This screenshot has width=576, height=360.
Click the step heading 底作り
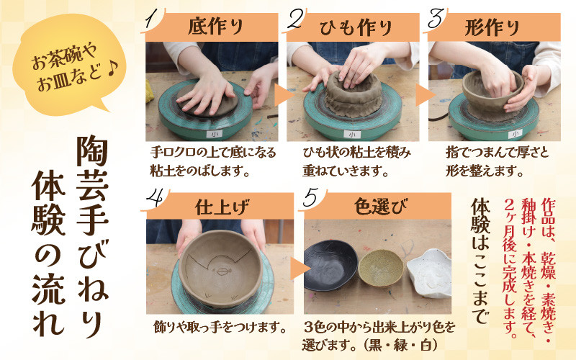(215, 27)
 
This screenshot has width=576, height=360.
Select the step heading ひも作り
(356, 27)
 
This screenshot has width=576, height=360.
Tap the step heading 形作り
(492, 27)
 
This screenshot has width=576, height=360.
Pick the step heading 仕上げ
(222, 207)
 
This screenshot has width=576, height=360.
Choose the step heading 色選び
(381, 207)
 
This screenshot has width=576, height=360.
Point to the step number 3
(436, 19)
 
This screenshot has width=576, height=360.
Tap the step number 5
(310, 199)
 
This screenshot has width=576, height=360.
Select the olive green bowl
(381, 268)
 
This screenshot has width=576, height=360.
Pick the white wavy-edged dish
(429, 273)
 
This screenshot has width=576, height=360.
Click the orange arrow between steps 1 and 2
(282, 94)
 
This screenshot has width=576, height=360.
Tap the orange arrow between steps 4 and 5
(300, 269)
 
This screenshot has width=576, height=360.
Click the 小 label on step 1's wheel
(214, 134)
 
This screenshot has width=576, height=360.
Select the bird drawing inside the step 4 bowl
(220, 267)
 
